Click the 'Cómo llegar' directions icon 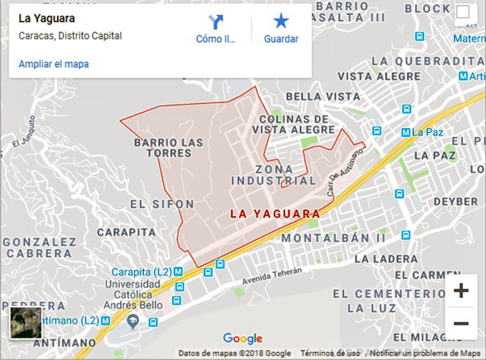click(215, 21)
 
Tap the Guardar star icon click(281, 21)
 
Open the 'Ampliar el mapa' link click(54, 64)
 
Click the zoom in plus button click(461, 291)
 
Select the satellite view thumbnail click(26, 323)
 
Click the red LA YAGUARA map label click(275, 214)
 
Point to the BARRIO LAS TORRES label click(169, 148)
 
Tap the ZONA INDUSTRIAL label click(274, 174)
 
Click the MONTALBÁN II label click(333, 238)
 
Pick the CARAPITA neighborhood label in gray click(127, 232)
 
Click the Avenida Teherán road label click(272, 275)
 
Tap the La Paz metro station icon click(405, 132)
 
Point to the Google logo click(243, 338)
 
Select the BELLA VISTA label click(323, 96)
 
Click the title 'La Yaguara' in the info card click(46, 19)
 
